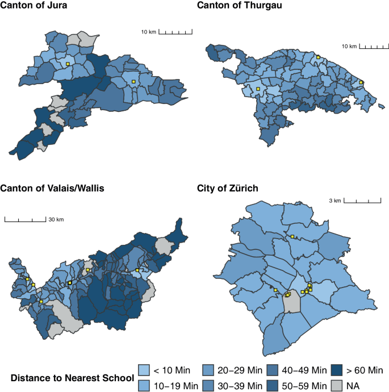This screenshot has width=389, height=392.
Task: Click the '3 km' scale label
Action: pyautogui.click(x=335, y=201)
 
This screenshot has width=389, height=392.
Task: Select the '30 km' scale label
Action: pyautogui.click(x=56, y=219)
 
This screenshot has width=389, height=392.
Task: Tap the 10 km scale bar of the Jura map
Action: pyautogui.click(x=174, y=32)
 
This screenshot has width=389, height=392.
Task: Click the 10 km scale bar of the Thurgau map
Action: pyautogui.click(x=373, y=45)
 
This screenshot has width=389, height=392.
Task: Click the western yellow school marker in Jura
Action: pyautogui.click(x=67, y=64)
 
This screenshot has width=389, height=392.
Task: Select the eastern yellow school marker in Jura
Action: pyautogui.click(x=133, y=82)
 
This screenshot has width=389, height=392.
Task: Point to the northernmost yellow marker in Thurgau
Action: pyautogui.click(x=319, y=57)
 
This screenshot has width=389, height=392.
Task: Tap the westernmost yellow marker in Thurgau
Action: pyautogui.click(x=258, y=89)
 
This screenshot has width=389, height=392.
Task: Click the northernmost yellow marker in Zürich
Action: pyautogui.click(x=292, y=236)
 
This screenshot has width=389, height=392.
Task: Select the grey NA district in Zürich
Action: pyautogui.click(x=291, y=303)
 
